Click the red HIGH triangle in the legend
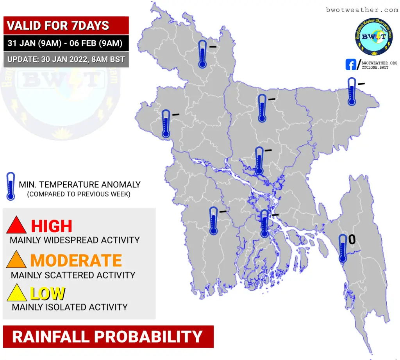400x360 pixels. pos(16,225)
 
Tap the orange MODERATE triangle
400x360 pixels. pos(16,260)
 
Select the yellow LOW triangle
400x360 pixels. pos(16,293)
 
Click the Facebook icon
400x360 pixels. pos(350,65)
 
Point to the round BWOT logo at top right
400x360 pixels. pos(374,36)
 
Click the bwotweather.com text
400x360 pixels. pos(362,10)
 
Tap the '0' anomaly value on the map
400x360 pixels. pos(352,239)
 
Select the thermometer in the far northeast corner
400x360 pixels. pos(352,91)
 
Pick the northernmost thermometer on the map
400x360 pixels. pos(203,54)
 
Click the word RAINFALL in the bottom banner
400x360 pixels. pos(51,337)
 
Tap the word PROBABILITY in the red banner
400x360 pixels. pos(148,337)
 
